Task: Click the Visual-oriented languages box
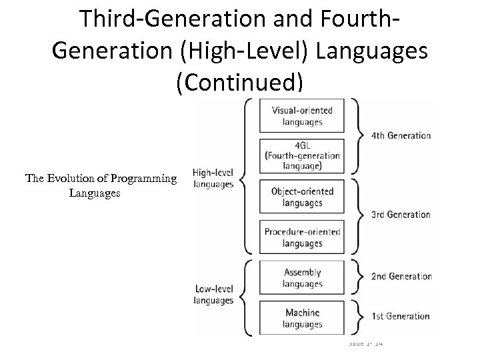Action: [302, 116]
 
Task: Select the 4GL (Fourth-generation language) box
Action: [302, 156]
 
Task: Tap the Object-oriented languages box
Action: [302, 197]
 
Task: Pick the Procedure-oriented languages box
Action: [302, 237]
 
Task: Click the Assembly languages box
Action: [302, 278]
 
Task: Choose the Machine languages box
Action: [302, 319]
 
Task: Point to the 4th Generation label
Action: [401, 135]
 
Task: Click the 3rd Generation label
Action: [401, 215]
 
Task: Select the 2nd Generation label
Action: [401, 276]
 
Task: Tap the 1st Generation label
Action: [401, 316]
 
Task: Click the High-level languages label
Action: [213, 178]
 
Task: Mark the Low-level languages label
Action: [213, 295]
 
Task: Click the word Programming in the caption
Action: [144, 178]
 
